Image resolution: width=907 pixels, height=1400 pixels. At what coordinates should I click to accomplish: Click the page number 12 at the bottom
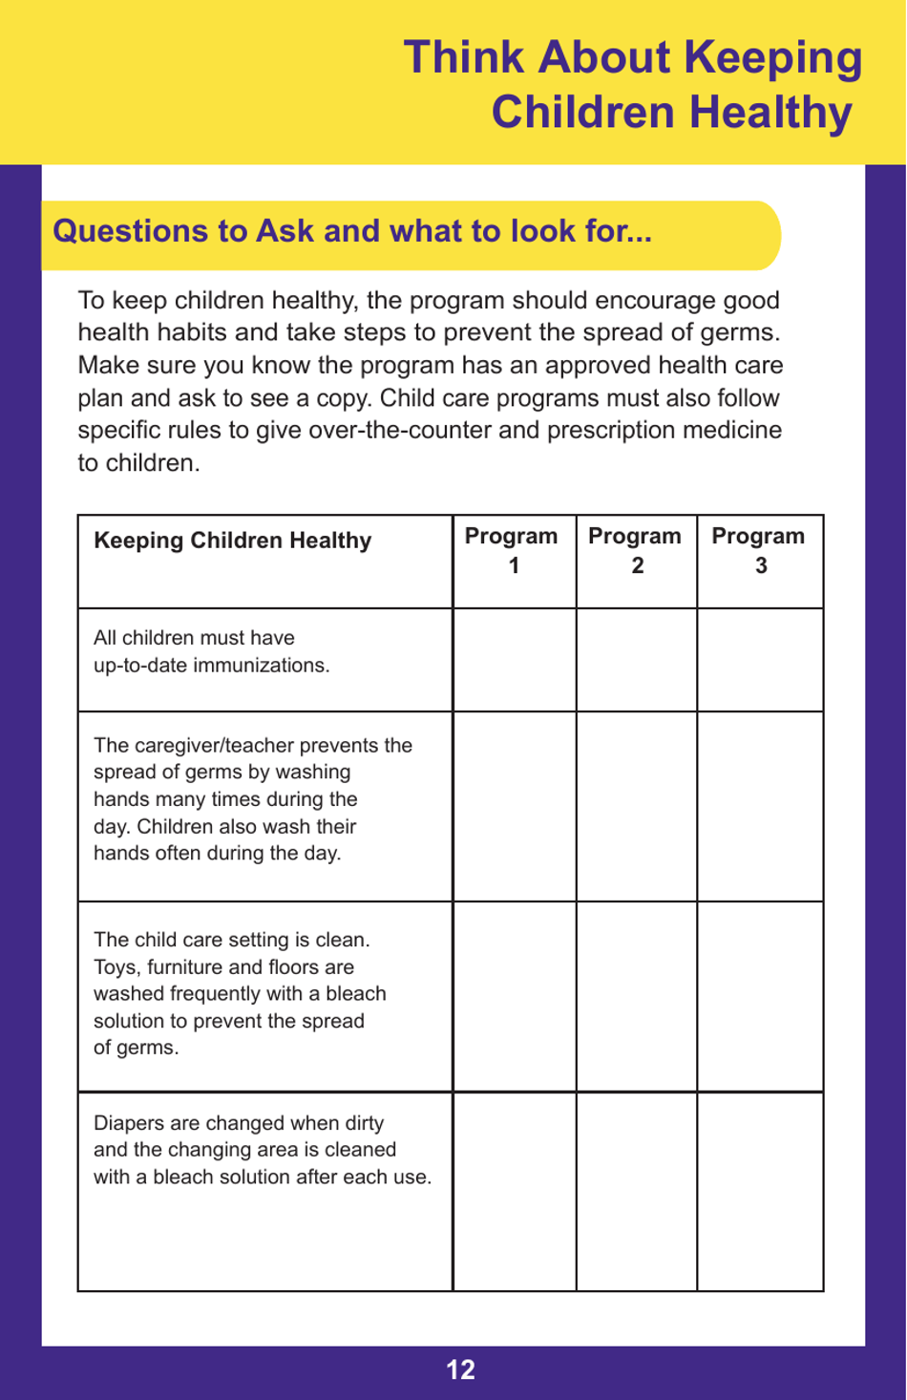pyautogui.click(x=460, y=1370)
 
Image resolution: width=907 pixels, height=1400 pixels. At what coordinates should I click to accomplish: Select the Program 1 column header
pyautogui.click(x=513, y=550)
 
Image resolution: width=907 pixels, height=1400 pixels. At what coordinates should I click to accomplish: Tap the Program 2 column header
pyautogui.click(x=636, y=550)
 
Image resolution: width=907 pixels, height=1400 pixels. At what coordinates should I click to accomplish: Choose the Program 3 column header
pyautogui.click(x=759, y=550)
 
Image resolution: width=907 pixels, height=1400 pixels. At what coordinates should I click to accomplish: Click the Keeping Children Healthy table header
pyautogui.click(x=232, y=541)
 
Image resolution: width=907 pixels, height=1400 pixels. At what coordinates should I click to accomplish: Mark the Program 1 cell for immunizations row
pyautogui.click(x=514, y=660)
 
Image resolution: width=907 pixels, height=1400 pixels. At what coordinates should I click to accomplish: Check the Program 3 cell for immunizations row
pyautogui.click(x=760, y=660)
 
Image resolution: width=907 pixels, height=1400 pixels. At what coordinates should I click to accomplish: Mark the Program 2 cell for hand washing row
pyautogui.click(x=637, y=806)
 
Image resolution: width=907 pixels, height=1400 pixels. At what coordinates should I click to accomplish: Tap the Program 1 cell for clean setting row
pyautogui.click(x=514, y=996)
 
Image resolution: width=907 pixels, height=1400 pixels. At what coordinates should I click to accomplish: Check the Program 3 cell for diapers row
pyautogui.click(x=760, y=1192)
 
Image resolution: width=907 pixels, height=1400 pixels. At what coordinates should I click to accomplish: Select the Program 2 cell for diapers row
pyautogui.click(x=637, y=1192)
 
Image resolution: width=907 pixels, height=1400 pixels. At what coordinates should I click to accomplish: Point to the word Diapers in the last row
pyautogui.click(x=128, y=1123)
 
